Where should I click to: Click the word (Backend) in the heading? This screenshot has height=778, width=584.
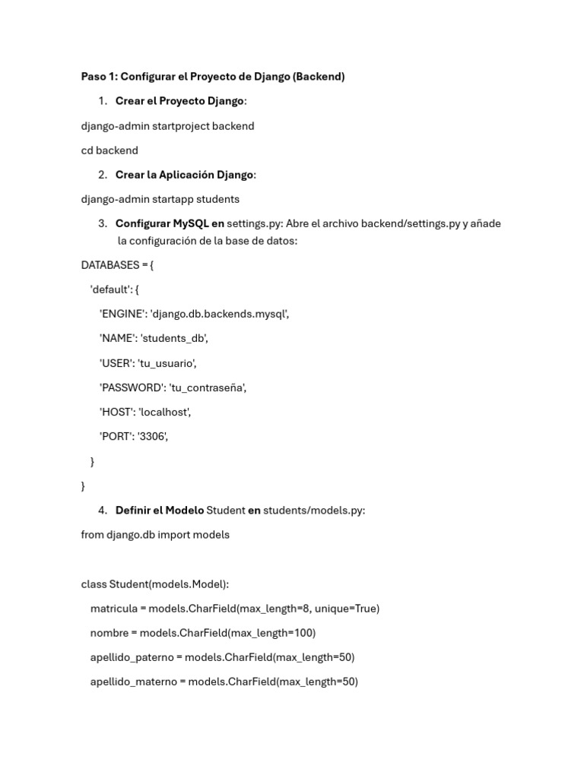coord(319,77)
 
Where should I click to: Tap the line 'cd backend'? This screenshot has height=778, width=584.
coord(109,150)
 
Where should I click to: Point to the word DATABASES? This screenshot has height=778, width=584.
coord(110,265)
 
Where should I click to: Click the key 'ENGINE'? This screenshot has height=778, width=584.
coord(122,314)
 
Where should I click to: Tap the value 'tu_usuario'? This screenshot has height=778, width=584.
coord(167,363)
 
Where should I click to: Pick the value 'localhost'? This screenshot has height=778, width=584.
coord(164,412)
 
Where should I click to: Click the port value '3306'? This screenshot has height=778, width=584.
coord(152,436)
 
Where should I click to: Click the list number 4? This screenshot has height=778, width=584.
coord(103,511)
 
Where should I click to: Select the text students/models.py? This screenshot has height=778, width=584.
coord(314,511)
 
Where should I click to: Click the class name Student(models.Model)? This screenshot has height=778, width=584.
coord(169,584)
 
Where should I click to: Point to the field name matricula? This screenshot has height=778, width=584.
coord(114,609)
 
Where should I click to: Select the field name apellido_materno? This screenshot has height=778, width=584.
coord(133,682)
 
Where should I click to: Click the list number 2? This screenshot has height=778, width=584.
coord(103,175)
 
